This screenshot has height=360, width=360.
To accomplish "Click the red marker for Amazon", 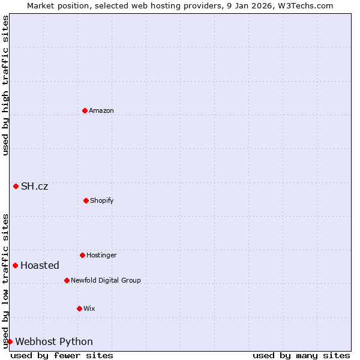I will [x=85, y=110].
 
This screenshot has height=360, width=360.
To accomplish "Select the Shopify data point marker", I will [x=86, y=200].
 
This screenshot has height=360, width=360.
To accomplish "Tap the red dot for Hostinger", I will [x=82, y=255].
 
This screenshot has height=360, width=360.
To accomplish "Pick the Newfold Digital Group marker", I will [x=67, y=280].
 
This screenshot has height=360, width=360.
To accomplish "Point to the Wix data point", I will [x=79, y=308].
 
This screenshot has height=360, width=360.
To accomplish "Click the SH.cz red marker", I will [x=16, y=186].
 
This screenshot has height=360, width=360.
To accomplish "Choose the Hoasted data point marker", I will [x=15, y=265].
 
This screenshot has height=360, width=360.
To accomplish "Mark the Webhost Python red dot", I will [x=10, y=341].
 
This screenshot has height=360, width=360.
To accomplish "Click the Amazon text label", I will [x=101, y=110].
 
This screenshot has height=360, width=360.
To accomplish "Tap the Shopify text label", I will [x=102, y=200].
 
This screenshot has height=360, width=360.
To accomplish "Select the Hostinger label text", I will [x=101, y=255].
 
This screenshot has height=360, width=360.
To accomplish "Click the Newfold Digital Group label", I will [x=106, y=280].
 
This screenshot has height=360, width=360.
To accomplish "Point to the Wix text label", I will [x=89, y=308].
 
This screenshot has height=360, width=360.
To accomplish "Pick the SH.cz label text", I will [x=34, y=186].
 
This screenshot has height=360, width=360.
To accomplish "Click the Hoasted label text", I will [x=40, y=265].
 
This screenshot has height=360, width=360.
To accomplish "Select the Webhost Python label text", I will [x=54, y=341].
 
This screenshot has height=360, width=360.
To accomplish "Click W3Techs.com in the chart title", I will [x=305, y=5].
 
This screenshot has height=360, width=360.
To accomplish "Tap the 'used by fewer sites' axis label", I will [x=62, y=355].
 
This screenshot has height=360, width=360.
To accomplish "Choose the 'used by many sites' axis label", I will [x=301, y=355].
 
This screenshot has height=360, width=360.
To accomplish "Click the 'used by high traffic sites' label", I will [x=5, y=85].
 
